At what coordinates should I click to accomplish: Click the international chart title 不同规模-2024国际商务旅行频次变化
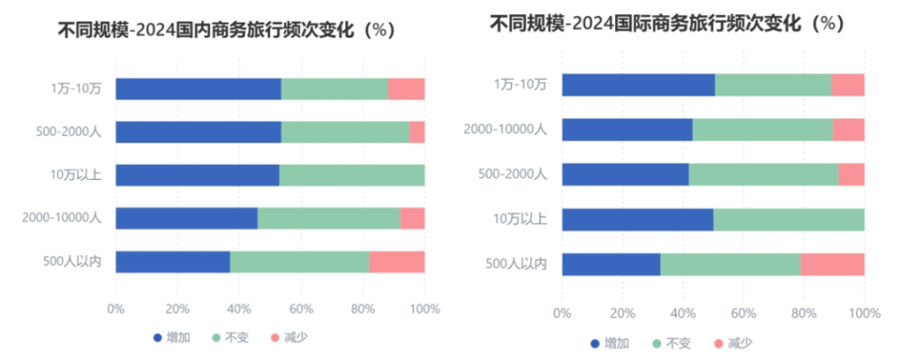click(667, 23)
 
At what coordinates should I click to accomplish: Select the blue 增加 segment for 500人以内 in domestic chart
click(172, 262)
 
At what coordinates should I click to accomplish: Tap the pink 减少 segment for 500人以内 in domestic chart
click(397, 262)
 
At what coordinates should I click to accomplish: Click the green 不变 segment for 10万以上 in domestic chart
click(352, 175)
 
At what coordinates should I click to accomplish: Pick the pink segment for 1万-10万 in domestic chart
click(406, 89)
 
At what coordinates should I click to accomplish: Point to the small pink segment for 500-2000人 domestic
click(417, 132)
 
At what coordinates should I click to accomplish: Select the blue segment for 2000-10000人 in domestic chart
click(187, 218)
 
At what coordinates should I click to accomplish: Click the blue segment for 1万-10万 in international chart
click(638, 84)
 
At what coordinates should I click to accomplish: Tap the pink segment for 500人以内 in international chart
click(832, 264)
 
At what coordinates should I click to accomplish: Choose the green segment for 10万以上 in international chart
click(788, 219)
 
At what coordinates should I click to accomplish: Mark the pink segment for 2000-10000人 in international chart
click(847, 129)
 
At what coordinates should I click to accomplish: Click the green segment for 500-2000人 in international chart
click(763, 174)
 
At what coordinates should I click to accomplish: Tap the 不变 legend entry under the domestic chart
click(230, 336)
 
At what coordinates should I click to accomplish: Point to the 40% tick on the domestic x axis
click(239, 308)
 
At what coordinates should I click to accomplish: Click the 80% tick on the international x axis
click(803, 313)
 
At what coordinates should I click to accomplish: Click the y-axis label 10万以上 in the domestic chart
click(77, 175)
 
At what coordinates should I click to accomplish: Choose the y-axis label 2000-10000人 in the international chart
click(505, 129)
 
